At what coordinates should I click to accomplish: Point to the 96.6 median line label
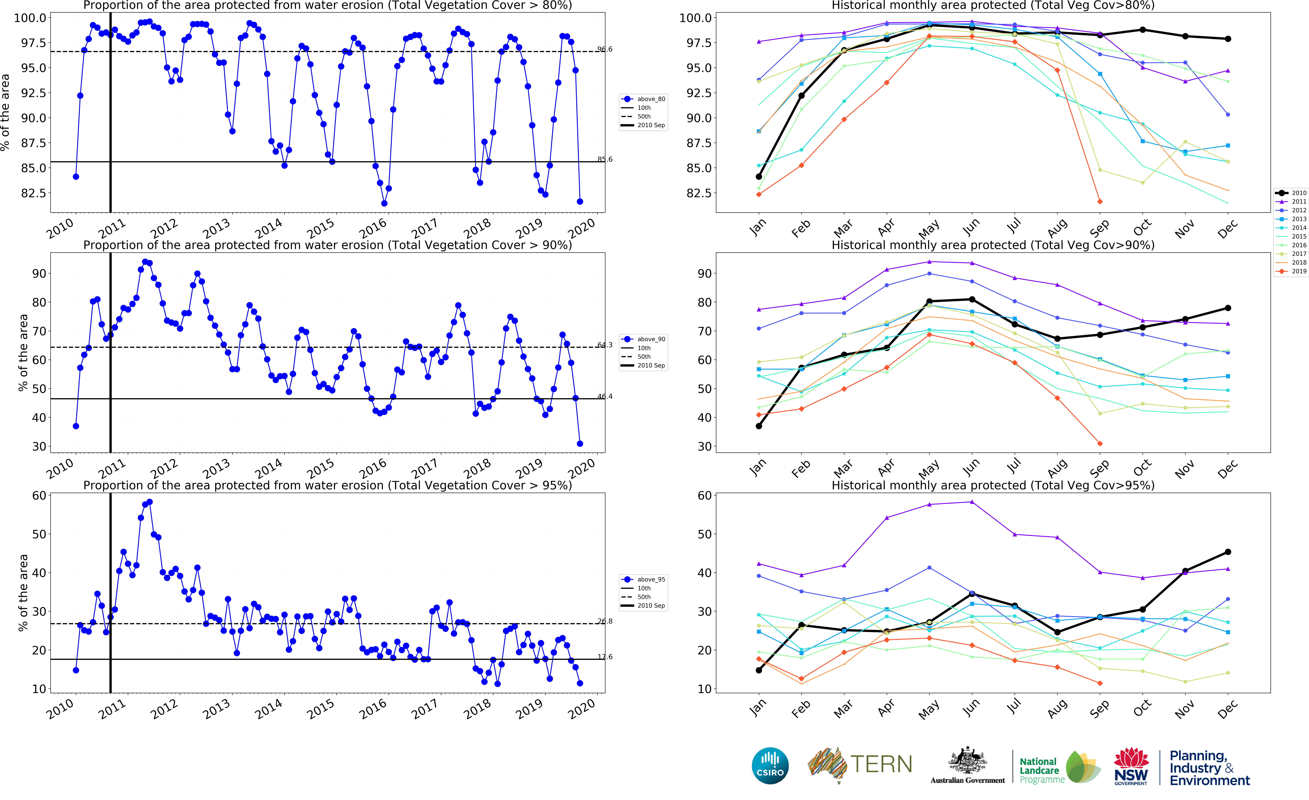click(x=605, y=49)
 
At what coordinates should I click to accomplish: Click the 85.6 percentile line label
click(x=605, y=159)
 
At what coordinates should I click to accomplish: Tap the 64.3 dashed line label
click(x=605, y=345)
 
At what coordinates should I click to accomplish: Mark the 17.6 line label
click(x=605, y=657)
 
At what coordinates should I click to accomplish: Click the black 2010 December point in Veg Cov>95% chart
click(x=1228, y=552)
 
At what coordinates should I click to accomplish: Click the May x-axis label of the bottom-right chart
click(x=929, y=710)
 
